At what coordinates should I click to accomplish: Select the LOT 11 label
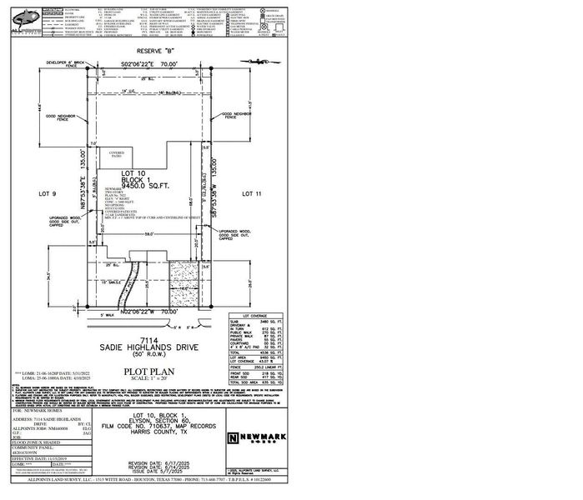(253, 192)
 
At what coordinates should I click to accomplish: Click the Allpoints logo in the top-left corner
(23, 15)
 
